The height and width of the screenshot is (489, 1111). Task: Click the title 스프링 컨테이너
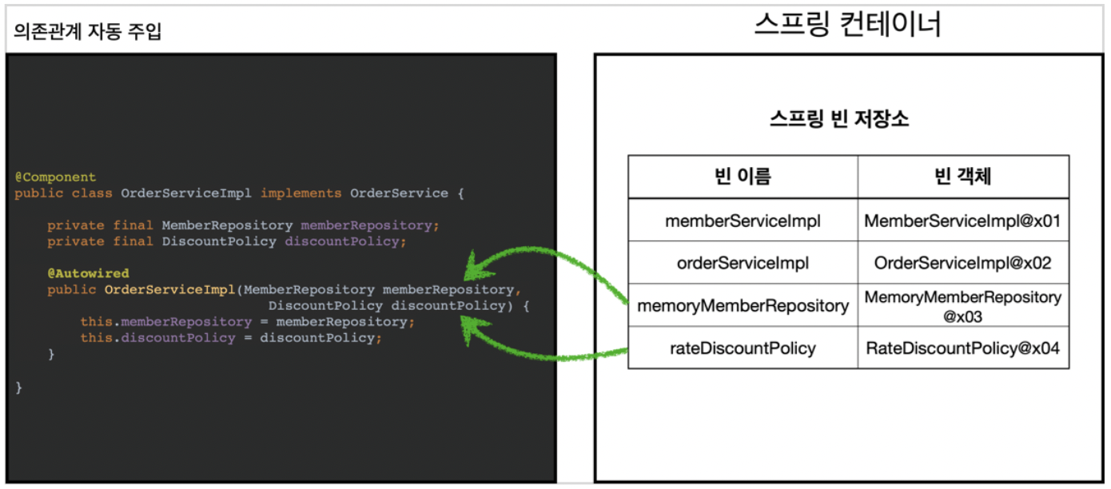(847, 25)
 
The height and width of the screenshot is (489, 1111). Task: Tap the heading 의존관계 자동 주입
(88, 33)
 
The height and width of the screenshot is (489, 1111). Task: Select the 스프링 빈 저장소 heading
(838, 120)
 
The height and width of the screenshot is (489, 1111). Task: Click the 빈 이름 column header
(743, 177)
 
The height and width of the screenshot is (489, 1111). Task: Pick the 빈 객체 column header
(962, 177)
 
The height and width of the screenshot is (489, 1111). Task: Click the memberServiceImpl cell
(743, 221)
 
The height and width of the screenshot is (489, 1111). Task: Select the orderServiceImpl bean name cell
(743, 263)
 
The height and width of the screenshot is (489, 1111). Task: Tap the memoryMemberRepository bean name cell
(743, 305)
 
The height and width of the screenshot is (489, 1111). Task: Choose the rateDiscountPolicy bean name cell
(743, 348)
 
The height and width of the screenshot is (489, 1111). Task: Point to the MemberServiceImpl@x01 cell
(962, 221)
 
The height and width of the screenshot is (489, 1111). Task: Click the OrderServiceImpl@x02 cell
(962, 263)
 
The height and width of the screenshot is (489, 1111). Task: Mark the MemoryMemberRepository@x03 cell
(962, 306)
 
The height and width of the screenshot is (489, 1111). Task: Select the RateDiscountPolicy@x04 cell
(962, 348)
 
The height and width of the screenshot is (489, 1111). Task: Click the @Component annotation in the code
(55, 177)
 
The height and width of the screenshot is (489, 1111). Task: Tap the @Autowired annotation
(88, 273)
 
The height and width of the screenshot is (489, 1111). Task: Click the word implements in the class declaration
(301, 193)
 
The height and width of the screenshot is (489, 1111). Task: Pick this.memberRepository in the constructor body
(165, 322)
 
